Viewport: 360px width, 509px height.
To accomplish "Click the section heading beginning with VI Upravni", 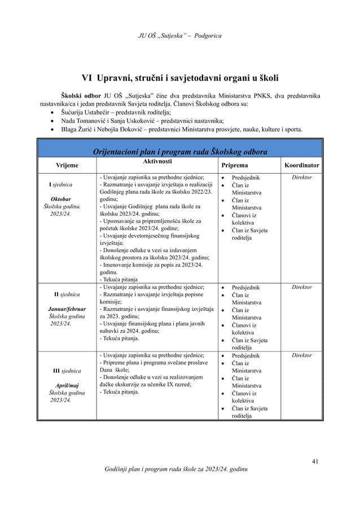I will (x=180, y=77).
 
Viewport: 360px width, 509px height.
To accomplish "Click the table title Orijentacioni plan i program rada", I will (x=179, y=151).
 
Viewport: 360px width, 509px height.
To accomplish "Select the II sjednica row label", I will (x=67, y=295).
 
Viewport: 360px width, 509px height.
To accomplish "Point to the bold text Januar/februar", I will (x=67, y=309).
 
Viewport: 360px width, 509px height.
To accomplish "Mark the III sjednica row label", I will (x=67, y=371).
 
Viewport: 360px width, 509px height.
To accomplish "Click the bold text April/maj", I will (x=67, y=385).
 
